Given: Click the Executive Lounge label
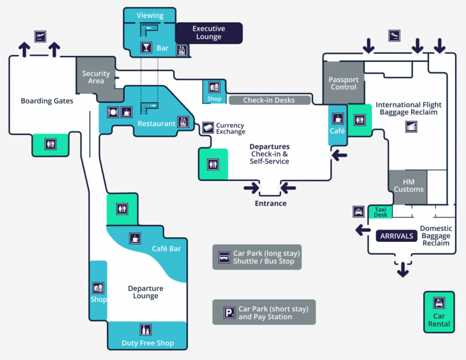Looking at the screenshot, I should (x=209, y=33).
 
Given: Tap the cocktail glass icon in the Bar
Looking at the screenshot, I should (x=147, y=48).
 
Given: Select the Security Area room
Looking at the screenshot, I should (x=96, y=77).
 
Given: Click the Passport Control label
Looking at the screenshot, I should (x=343, y=83).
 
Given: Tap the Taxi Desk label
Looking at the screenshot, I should (x=380, y=212).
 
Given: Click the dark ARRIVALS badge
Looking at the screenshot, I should (x=396, y=236).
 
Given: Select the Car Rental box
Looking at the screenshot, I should (x=439, y=312).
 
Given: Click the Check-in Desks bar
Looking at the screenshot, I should (x=269, y=101).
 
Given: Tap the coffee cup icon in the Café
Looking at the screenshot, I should (x=338, y=119).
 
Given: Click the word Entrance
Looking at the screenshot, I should (x=271, y=203).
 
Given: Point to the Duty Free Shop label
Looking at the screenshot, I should (x=148, y=343).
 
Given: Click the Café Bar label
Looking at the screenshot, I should (x=167, y=249).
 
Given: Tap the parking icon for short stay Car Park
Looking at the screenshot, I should (x=229, y=312).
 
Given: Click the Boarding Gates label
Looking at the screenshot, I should (x=47, y=101).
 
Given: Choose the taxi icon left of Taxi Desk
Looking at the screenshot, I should (x=359, y=212).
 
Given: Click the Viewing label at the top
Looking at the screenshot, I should (x=150, y=15).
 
